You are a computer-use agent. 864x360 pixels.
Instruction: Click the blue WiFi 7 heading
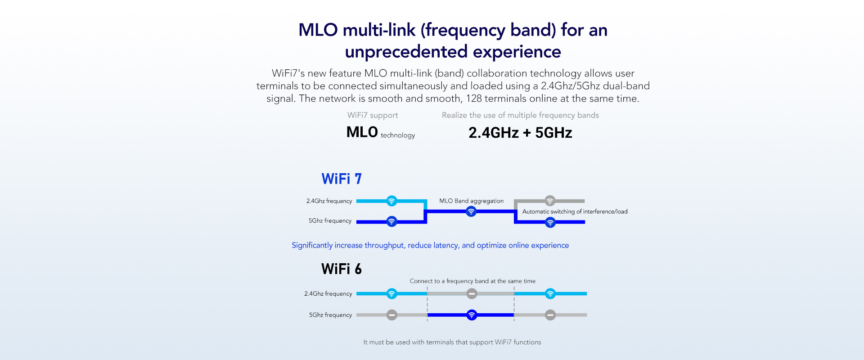(341, 179)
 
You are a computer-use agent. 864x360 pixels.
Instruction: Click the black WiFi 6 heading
(341, 269)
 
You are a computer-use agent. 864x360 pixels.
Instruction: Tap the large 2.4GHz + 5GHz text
(520, 133)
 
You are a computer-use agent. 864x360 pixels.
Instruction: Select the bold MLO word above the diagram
(362, 132)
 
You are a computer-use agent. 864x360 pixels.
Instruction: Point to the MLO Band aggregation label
(471, 201)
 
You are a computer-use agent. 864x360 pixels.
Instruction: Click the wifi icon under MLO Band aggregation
(471, 211)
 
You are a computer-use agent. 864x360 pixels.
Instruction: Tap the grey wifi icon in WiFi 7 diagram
(550, 201)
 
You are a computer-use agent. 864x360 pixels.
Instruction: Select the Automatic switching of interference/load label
(575, 211)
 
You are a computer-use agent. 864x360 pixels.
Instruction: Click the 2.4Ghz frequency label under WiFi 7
(329, 201)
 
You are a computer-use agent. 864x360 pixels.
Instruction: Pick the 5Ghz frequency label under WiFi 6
(330, 315)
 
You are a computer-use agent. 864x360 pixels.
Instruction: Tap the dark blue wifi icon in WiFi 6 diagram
(472, 315)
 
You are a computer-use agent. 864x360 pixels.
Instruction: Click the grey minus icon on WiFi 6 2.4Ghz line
(472, 294)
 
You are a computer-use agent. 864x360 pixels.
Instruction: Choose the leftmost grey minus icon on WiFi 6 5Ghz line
(392, 315)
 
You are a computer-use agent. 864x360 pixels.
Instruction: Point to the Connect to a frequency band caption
(472, 281)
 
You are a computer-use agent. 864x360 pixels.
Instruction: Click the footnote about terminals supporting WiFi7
(452, 342)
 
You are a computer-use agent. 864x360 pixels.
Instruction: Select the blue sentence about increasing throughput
(430, 245)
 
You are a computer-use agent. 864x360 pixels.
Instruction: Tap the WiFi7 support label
(373, 115)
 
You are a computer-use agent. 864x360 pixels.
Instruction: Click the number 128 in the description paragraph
(474, 99)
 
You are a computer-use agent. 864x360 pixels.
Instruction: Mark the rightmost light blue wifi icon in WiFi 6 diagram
(550, 294)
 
